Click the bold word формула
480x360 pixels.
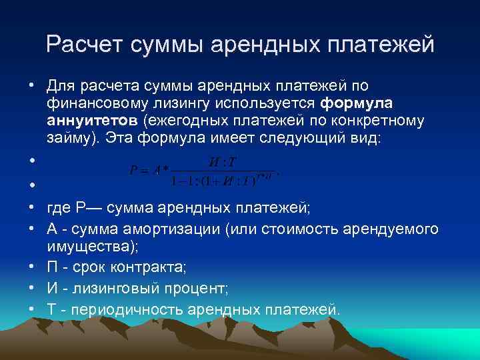[x=356, y=104]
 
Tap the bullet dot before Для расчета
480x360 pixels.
[x=31, y=87]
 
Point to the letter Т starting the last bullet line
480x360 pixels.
[x=52, y=309]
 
